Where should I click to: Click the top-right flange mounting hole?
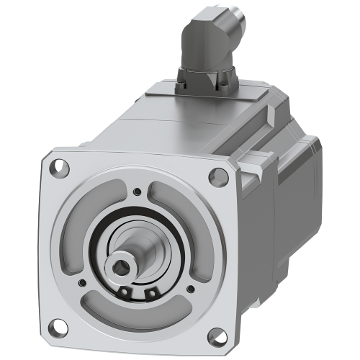(215, 174)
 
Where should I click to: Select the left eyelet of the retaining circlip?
(127, 291)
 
